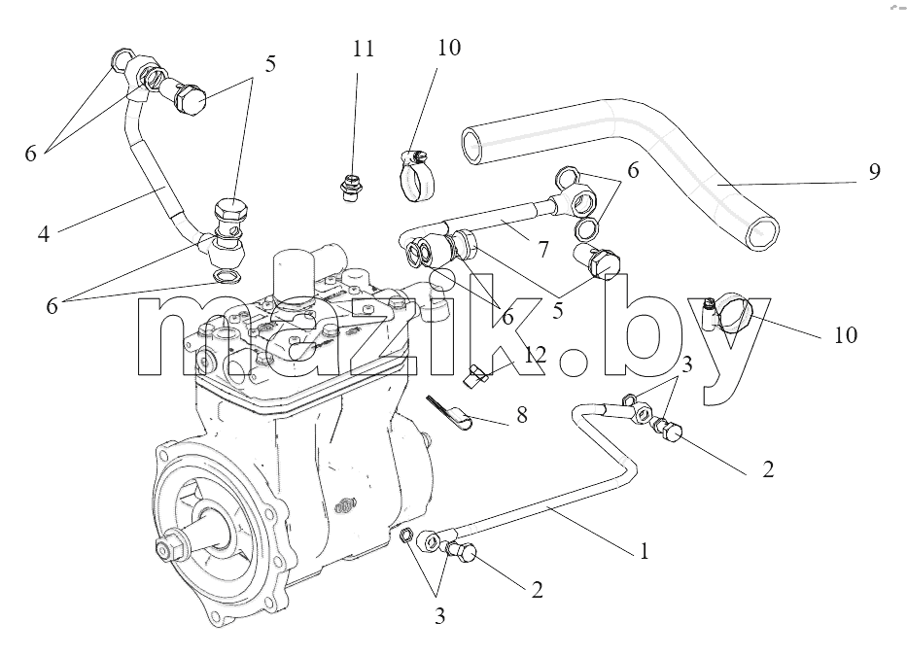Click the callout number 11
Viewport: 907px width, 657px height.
click(364, 49)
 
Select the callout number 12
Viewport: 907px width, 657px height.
click(536, 355)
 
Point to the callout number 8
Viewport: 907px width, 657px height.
click(522, 414)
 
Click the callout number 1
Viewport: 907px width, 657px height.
click(644, 551)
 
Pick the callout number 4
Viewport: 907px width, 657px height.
click(44, 233)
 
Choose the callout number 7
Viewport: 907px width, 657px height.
click(542, 250)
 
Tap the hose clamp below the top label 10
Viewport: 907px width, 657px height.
click(416, 175)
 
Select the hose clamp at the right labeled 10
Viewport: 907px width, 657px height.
click(730, 315)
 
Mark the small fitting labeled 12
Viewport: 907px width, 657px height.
click(475, 376)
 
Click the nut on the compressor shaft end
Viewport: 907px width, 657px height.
click(167, 548)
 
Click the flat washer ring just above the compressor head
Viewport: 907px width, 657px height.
click(227, 276)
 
